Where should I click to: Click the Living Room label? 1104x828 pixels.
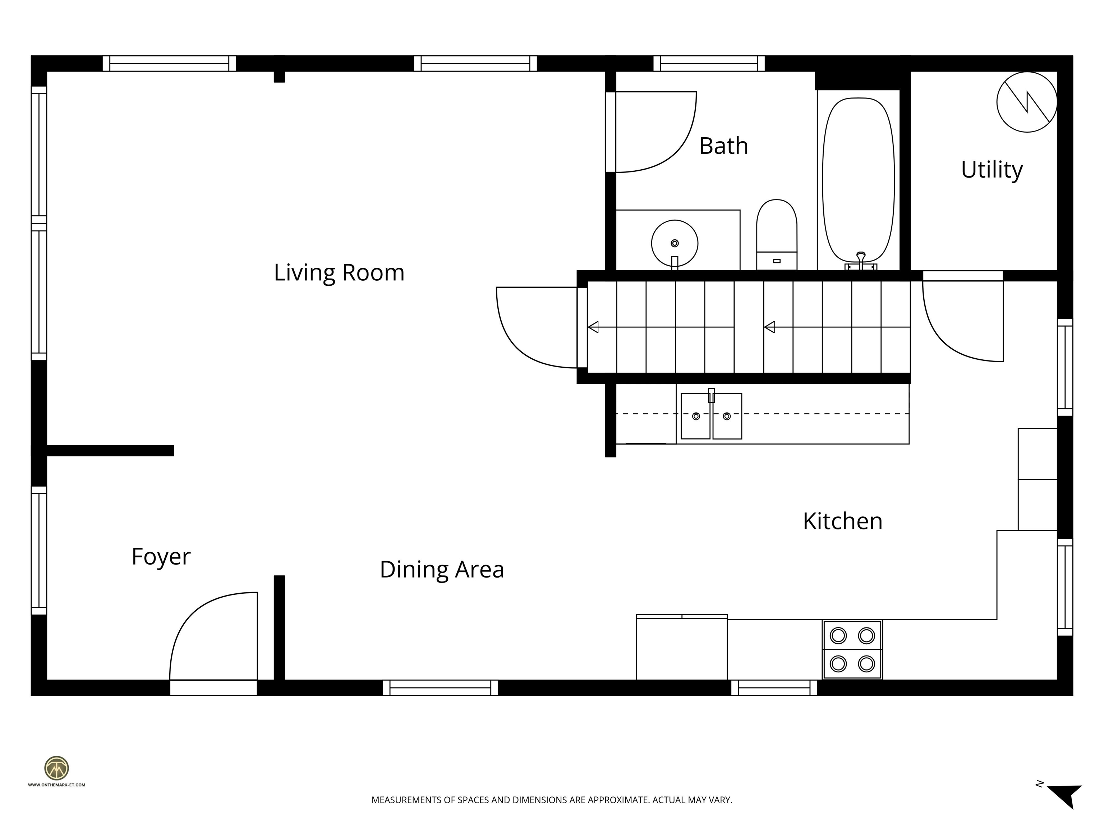(x=339, y=272)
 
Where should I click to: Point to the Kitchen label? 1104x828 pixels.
(x=842, y=521)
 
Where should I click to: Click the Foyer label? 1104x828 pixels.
(x=161, y=556)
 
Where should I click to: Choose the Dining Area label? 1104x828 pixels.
(x=442, y=570)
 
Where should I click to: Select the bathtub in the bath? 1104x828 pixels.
(x=858, y=180)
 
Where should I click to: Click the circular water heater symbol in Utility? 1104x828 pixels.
(x=1027, y=102)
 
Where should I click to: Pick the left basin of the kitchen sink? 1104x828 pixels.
(x=695, y=416)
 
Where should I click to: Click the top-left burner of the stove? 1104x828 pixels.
(x=838, y=636)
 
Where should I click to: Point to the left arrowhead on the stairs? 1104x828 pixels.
(x=593, y=327)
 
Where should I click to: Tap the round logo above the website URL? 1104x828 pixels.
(x=56, y=768)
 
